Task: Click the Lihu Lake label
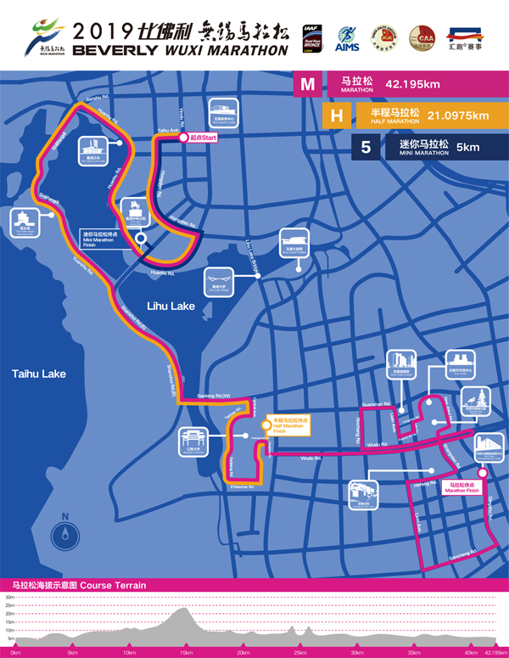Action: pos(171,306)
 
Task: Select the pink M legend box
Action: pos(308,85)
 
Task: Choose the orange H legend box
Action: pos(337,115)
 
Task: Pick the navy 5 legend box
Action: pos(366,147)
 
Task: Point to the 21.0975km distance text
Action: pos(458,115)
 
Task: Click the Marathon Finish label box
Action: pos(461,487)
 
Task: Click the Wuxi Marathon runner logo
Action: pos(50,38)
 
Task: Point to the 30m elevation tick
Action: pos(9,597)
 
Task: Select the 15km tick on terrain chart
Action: pos(185,653)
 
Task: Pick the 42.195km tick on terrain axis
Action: pos(495,653)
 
